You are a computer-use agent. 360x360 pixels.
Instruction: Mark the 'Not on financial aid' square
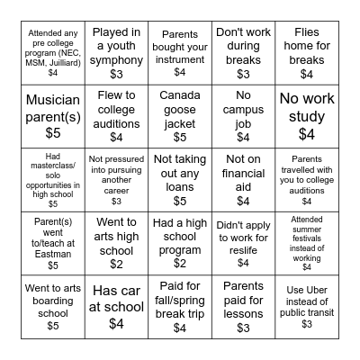[x=243, y=179]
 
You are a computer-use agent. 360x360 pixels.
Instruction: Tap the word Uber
[x=305, y=289]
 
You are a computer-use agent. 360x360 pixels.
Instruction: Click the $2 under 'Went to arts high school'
[x=116, y=264]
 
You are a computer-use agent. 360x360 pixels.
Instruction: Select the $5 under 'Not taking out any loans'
[x=180, y=202]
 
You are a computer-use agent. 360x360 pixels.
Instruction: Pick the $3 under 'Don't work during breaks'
[x=243, y=74]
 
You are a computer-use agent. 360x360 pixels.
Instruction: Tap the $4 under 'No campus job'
[x=243, y=137]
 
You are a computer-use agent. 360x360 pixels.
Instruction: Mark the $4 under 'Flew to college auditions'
[x=116, y=137]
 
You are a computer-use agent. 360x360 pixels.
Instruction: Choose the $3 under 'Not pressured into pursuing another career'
[x=116, y=201]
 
